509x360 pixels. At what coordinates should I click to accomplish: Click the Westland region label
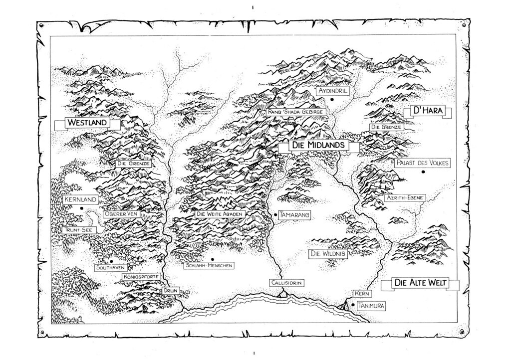88,122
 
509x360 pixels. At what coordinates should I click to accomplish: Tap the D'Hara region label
426,111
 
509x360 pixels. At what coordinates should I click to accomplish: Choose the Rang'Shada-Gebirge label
296,112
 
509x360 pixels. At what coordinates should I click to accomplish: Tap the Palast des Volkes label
423,163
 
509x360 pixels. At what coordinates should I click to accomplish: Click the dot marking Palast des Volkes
423,172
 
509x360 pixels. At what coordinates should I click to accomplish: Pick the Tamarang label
295,214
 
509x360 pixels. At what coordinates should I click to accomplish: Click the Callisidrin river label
286,283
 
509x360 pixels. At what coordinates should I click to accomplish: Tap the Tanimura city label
370,306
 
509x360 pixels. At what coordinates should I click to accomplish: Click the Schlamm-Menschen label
208,266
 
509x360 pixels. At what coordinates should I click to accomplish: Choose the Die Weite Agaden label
220,214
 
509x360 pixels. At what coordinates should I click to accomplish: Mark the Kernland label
79,199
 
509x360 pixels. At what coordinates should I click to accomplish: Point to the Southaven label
109,268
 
